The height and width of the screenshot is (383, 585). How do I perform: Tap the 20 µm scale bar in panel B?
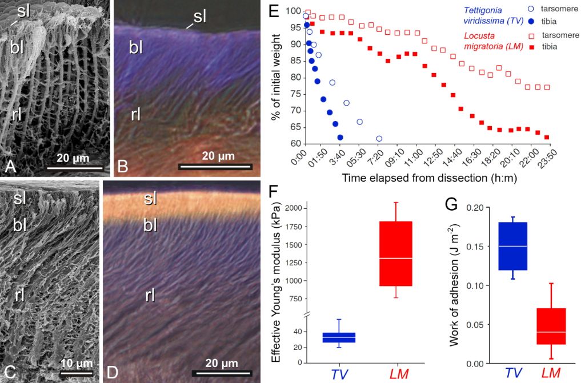click(x=215, y=167)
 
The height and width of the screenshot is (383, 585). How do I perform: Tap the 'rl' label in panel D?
click(x=150, y=295)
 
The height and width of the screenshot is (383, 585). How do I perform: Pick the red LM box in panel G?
click(x=551, y=326)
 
